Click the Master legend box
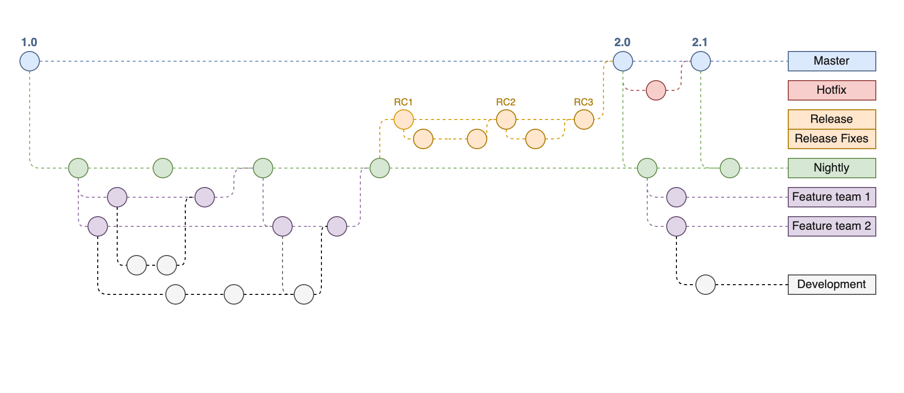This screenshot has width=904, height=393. click(832, 61)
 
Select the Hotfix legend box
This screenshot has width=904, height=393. click(832, 90)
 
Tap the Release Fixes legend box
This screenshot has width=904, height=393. click(832, 139)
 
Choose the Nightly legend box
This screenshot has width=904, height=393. click(832, 168)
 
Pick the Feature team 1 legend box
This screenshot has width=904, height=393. click(832, 197)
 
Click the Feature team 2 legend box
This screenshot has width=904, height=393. click(832, 226)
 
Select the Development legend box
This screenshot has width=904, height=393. click(832, 285)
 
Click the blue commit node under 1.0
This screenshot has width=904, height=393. click(30, 61)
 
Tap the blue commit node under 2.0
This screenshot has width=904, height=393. click(623, 61)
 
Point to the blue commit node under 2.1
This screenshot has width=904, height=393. click(701, 61)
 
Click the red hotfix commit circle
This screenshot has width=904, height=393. click(656, 90)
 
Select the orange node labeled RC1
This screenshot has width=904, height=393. click(404, 120)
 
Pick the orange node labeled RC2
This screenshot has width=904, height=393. click(506, 120)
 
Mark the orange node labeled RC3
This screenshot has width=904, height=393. click(584, 120)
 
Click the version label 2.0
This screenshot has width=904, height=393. click(622, 43)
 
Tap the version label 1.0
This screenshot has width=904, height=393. click(29, 43)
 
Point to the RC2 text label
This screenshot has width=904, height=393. click(506, 102)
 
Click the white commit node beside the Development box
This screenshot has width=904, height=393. click(706, 285)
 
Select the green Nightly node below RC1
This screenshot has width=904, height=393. click(380, 168)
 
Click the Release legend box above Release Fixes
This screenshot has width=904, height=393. click(832, 120)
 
